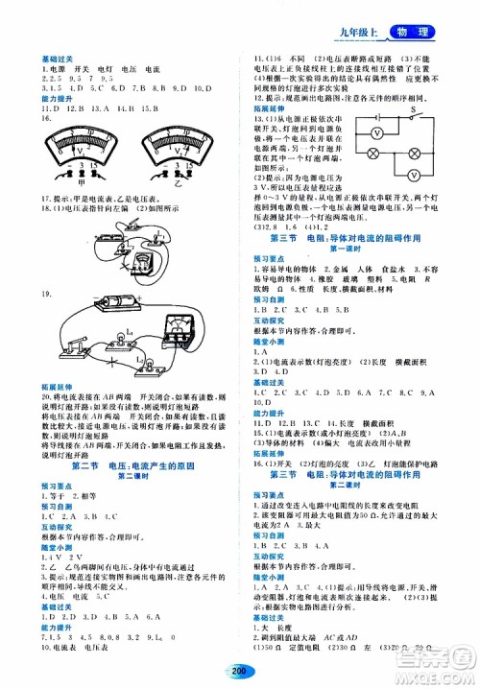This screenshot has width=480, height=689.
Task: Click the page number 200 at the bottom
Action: tap(240, 672)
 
